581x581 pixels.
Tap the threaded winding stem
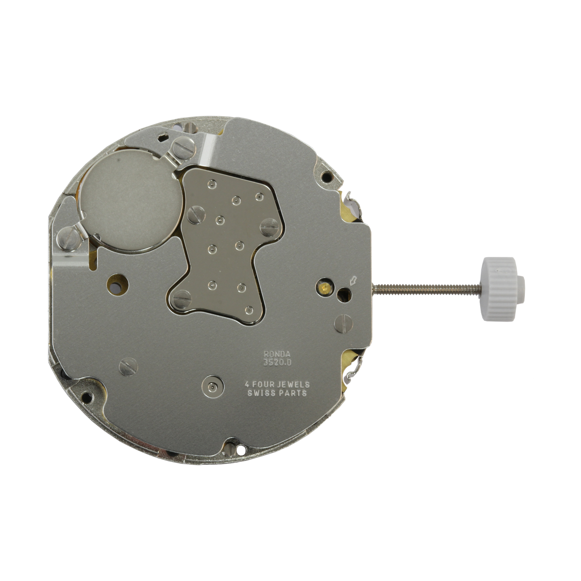(x=427, y=288)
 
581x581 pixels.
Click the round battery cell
(x=130, y=200)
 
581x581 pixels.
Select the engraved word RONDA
(x=277, y=354)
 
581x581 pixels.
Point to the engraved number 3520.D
(x=277, y=363)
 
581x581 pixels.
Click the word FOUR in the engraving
(x=261, y=384)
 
